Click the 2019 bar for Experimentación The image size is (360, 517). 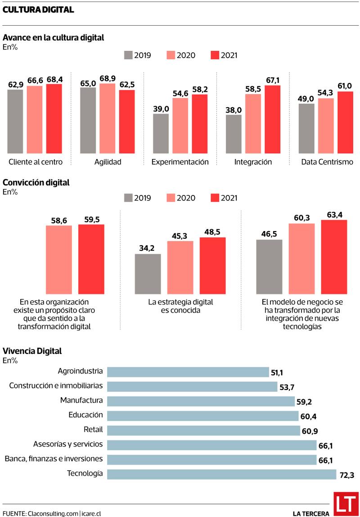161,133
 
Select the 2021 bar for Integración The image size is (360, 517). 272,119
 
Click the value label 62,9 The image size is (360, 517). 16,84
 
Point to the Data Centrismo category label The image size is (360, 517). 327,162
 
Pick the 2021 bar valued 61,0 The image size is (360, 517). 345,122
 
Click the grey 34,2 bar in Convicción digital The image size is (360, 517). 148,274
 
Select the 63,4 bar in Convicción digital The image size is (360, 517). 334,257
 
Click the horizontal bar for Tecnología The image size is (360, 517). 221,474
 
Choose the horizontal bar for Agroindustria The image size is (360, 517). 188,372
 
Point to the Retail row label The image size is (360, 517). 93,429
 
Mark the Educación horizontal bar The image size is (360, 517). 202,415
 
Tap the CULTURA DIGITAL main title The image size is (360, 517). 38,10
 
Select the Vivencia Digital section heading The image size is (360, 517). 32,351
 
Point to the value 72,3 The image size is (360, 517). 346,475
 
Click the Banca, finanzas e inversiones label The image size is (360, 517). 54,459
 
